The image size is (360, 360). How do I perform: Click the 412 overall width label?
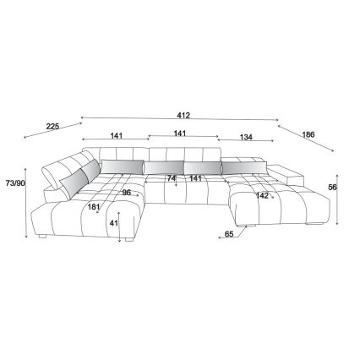(183, 115)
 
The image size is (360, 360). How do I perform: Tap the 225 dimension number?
(52, 127)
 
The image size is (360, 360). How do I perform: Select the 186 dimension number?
(308, 134)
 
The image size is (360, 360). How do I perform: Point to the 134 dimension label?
(246, 137)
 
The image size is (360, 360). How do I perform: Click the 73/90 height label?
(15, 183)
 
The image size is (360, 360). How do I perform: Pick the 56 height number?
(332, 187)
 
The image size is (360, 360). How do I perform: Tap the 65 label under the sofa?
(229, 234)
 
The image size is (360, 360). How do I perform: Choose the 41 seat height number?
(113, 223)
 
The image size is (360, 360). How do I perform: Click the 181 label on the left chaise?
(94, 207)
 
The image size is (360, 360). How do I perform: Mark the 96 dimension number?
(127, 193)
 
